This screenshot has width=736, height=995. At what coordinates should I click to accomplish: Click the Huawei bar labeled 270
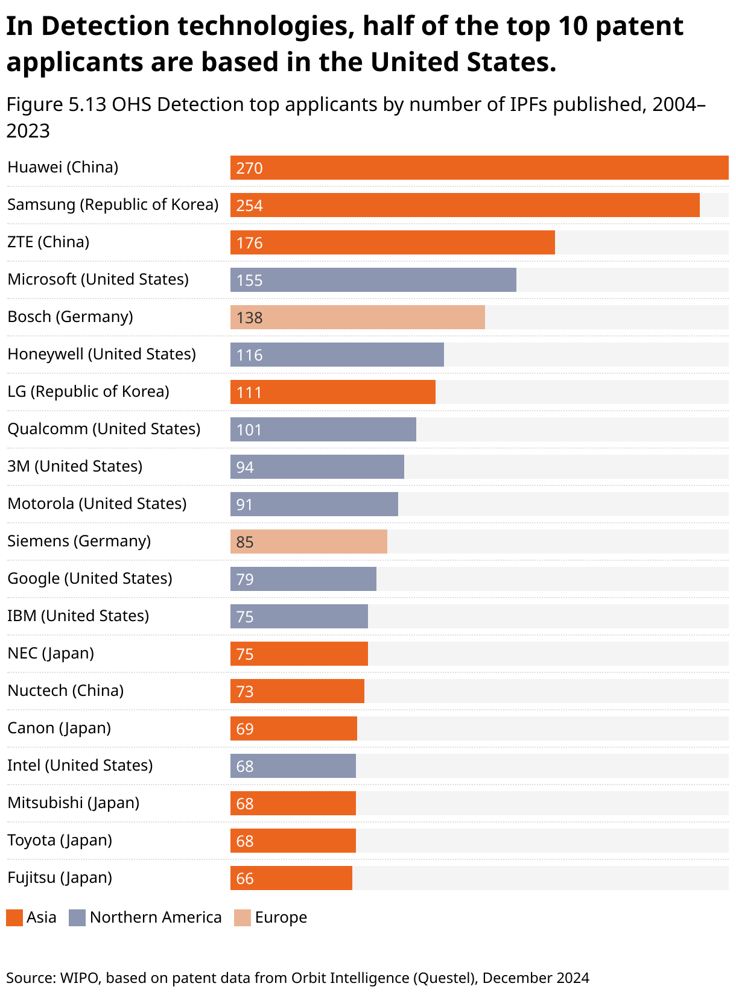(479, 168)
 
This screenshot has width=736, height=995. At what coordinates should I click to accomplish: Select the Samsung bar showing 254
(465, 205)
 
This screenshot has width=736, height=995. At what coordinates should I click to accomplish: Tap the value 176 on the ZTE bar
(249, 243)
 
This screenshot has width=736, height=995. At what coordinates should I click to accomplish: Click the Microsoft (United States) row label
(98, 279)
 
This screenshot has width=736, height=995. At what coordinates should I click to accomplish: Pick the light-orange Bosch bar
(357, 317)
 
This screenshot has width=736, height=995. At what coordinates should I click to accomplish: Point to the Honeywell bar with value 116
(337, 355)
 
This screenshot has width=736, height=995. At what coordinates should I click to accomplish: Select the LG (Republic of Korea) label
(88, 391)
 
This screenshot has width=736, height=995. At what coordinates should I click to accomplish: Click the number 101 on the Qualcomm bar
(249, 430)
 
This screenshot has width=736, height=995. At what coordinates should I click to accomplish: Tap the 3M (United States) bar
(317, 467)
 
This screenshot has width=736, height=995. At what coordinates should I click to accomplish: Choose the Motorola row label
(97, 504)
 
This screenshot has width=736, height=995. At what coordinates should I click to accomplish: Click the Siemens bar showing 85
(308, 542)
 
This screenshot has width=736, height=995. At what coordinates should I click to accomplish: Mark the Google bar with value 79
(303, 579)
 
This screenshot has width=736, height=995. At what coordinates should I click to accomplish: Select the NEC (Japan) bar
(299, 654)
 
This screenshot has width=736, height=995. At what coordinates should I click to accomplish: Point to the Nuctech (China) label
(65, 690)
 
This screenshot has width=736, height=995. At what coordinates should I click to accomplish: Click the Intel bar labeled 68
(293, 766)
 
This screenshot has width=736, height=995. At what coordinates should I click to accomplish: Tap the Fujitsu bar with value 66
(291, 878)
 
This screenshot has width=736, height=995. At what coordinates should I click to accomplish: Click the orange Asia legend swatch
(14, 918)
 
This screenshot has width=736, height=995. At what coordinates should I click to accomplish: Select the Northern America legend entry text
(156, 918)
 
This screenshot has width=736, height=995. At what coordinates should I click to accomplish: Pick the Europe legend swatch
(243, 918)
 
